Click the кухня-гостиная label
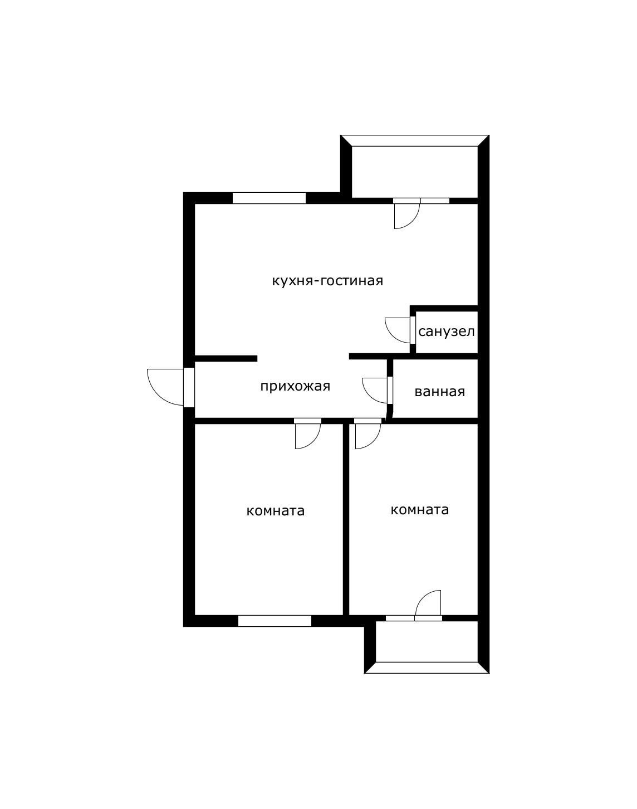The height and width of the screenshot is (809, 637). click(x=327, y=281)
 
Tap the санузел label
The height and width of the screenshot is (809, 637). click(x=447, y=332)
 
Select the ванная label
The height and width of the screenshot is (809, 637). click(x=440, y=392)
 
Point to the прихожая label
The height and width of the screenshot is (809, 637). click(x=295, y=387)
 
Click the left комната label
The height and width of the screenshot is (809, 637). click(x=276, y=511)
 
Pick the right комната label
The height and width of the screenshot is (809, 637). click(x=420, y=510)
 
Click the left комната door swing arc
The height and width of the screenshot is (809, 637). click(x=313, y=442)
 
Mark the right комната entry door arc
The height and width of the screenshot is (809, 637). click(x=374, y=442)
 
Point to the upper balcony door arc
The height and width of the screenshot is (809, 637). click(x=412, y=222)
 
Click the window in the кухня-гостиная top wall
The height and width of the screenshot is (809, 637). click(x=269, y=198)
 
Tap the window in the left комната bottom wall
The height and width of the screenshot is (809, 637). click(x=275, y=621)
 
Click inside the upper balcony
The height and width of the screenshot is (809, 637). click(x=414, y=172)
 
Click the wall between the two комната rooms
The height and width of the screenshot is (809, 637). click(x=346, y=519)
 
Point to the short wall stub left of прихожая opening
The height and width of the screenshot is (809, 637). click(x=226, y=358)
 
